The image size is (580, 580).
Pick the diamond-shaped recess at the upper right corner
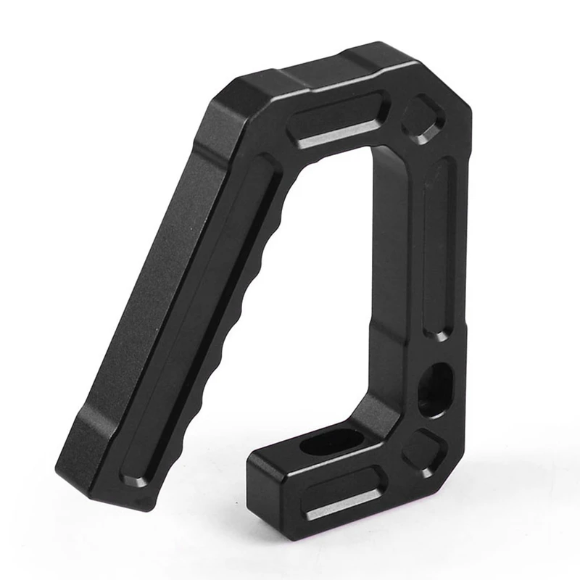(423, 117)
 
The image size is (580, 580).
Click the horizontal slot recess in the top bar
(337, 123)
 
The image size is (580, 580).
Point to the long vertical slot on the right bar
(439, 246)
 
